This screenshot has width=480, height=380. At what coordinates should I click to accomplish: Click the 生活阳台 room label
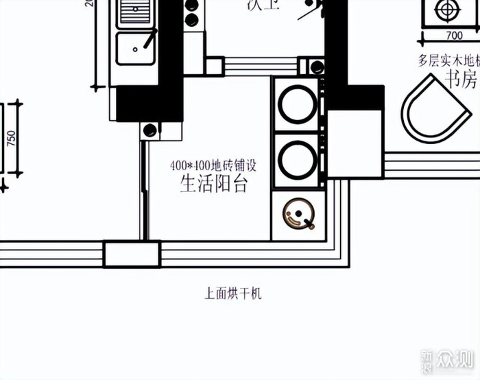(x=213, y=184)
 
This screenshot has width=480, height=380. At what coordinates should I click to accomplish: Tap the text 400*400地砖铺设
(x=213, y=165)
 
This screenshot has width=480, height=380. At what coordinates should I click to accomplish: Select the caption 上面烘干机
(x=233, y=294)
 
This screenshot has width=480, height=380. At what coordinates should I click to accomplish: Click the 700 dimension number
(x=453, y=35)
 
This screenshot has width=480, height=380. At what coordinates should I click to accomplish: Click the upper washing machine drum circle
(x=298, y=104)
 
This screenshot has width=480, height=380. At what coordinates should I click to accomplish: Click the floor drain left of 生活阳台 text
(x=149, y=130)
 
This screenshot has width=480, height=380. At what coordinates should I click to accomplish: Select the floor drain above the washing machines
(x=317, y=67)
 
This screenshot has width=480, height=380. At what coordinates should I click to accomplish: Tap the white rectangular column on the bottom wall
(x=132, y=254)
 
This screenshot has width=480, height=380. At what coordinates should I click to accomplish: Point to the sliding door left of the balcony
(x=144, y=189)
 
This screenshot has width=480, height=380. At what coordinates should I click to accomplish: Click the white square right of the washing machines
(x=354, y=143)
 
